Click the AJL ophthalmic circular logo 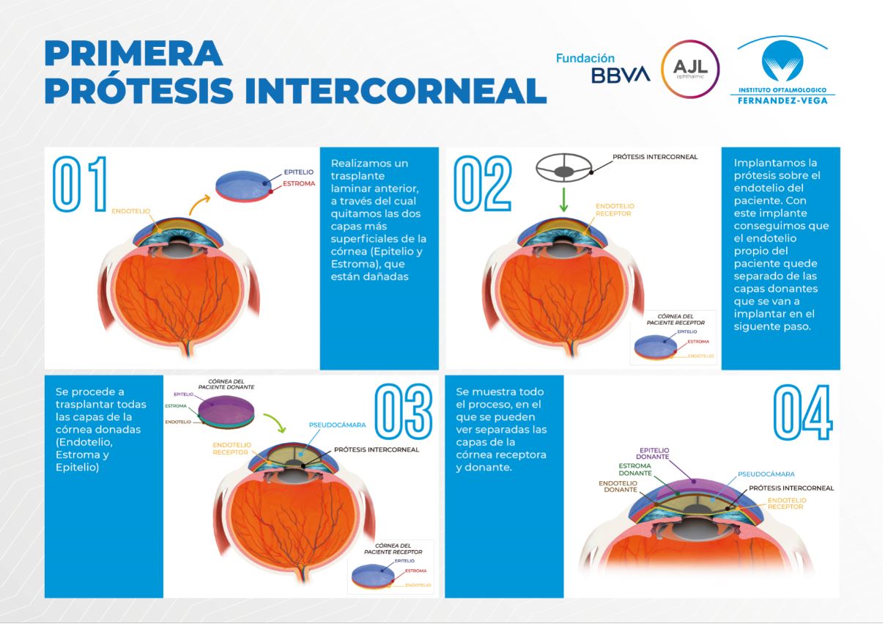[690, 70]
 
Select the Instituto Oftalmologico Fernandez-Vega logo [782, 70]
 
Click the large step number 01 [80, 183]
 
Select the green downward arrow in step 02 [563, 199]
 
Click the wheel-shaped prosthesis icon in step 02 [563, 171]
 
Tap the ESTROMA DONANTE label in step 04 [635, 469]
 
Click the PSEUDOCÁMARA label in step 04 [766, 474]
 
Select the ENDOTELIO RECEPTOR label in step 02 [612, 210]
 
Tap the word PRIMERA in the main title [134, 53]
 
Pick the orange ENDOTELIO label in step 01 [130, 210]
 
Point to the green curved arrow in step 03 [273, 423]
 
